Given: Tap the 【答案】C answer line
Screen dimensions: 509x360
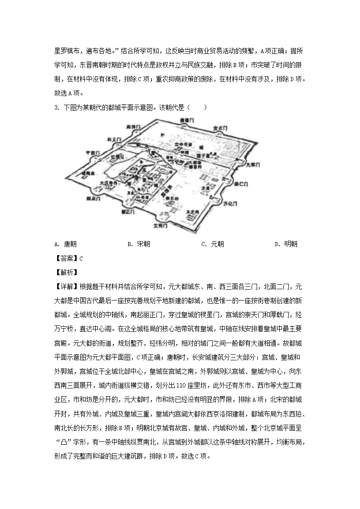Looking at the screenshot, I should tap(68, 258).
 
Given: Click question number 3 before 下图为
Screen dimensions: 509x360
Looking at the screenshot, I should tap(56, 108).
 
